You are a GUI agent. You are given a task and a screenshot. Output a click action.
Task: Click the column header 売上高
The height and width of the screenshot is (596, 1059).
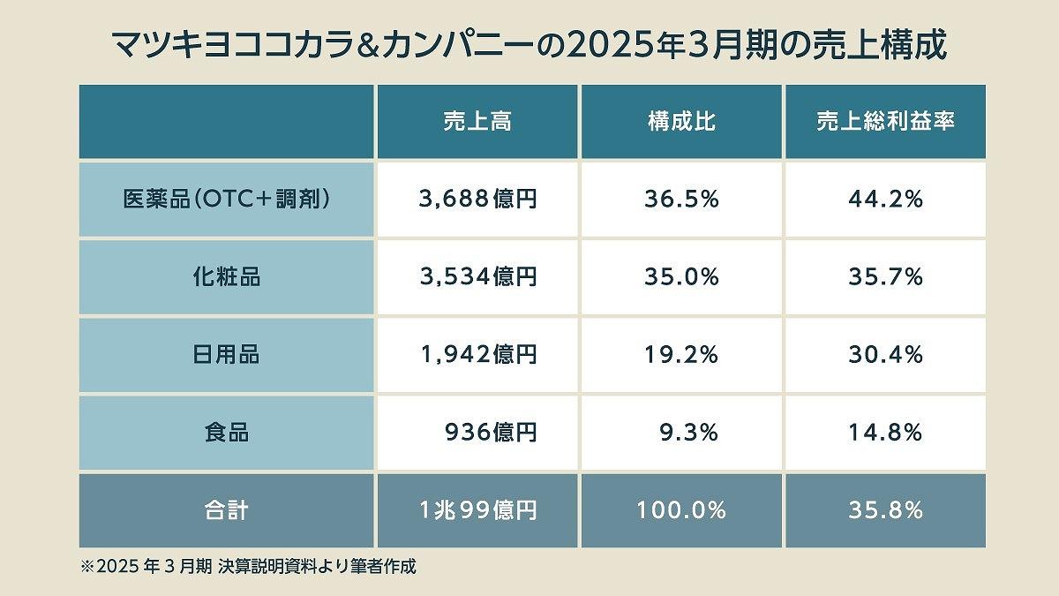pyautogui.click(x=477, y=123)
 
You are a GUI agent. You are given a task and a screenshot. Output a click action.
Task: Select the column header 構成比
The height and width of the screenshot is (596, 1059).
pyautogui.click(x=681, y=123)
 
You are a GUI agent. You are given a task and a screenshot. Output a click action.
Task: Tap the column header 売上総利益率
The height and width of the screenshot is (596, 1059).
pyautogui.click(x=885, y=123)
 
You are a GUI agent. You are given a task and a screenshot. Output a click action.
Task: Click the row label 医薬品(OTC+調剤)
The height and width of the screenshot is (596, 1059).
pyautogui.click(x=227, y=200)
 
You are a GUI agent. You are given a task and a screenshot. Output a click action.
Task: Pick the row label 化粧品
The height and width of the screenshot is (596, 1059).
pyautogui.click(x=227, y=277)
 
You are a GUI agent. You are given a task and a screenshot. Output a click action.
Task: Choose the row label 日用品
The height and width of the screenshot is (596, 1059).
pyautogui.click(x=227, y=355)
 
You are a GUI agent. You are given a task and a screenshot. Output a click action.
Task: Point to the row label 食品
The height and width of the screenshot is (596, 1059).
pyautogui.click(x=227, y=433)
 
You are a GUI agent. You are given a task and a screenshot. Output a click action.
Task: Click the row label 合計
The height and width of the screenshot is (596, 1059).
pyautogui.click(x=227, y=510)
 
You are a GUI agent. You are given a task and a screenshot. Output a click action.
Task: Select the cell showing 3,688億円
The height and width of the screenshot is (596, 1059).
pyautogui.click(x=477, y=200)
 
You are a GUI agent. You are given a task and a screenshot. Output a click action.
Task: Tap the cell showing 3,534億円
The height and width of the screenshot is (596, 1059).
pyautogui.click(x=477, y=277)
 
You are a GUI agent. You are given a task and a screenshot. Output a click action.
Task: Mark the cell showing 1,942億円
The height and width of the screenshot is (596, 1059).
pyautogui.click(x=477, y=355)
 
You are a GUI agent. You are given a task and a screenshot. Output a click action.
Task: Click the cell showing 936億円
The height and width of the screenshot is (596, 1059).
pyautogui.click(x=491, y=433)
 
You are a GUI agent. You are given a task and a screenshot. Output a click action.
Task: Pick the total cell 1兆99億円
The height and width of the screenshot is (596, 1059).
pyautogui.click(x=477, y=510)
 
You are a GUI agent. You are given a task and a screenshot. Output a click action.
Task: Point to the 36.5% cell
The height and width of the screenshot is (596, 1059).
pyautogui.click(x=681, y=200)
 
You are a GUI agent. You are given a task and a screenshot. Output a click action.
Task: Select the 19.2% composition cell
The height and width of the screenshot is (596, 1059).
pyautogui.click(x=681, y=355)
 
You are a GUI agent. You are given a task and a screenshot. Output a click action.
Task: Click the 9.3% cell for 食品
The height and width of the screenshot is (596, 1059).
pyautogui.click(x=688, y=433)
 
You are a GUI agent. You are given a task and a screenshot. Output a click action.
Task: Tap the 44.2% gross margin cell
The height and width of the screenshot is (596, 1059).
pyautogui.click(x=885, y=200)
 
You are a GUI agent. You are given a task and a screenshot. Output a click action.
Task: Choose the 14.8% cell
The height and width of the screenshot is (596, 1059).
pyautogui.click(x=885, y=433)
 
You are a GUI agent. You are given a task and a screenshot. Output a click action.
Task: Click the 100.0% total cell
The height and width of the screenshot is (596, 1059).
pyautogui.click(x=681, y=510)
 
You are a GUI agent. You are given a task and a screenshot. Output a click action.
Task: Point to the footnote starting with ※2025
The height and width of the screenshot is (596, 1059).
pyautogui.click(x=248, y=567)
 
